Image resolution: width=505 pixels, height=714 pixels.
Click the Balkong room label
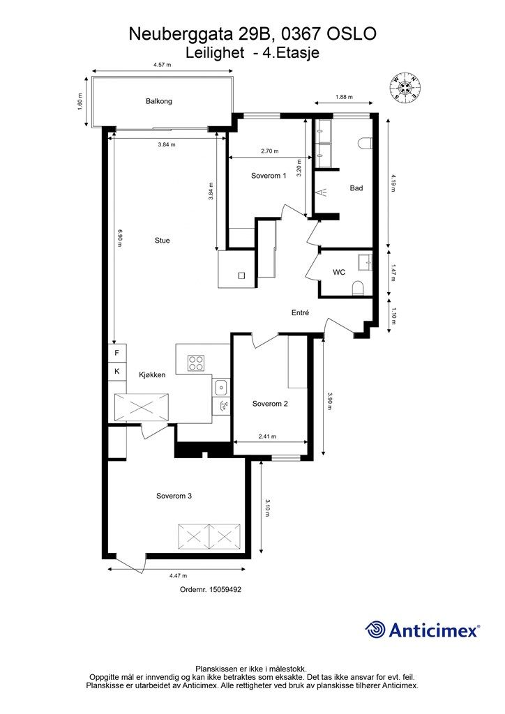[x=159, y=101]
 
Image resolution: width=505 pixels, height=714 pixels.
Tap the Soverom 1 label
[x=269, y=175]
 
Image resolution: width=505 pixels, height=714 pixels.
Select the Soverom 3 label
[x=174, y=496]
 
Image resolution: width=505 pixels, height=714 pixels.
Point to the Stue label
[x=162, y=241]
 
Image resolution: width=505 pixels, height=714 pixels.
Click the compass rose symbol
[x=405, y=86]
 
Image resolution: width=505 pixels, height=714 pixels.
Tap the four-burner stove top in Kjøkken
[x=196, y=363]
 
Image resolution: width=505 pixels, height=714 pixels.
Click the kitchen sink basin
[x=221, y=388]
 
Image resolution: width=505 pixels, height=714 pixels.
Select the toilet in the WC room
[x=359, y=288]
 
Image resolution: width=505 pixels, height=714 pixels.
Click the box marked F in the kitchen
[x=117, y=353]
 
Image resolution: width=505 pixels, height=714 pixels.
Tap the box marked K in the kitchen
[x=117, y=371]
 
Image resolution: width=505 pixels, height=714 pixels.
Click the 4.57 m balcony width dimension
[x=162, y=65]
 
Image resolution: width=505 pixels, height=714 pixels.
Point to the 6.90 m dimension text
[x=120, y=237]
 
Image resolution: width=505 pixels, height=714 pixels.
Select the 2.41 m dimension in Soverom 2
[x=267, y=436]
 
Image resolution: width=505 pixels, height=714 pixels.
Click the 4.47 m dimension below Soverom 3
[x=178, y=575]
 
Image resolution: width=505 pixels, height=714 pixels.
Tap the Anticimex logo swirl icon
[x=375, y=630]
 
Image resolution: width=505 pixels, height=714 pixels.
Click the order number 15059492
[x=225, y=589]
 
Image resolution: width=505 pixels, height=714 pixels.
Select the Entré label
[x=301, y=313]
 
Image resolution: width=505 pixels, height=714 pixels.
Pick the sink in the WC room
[x=365, y=263]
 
